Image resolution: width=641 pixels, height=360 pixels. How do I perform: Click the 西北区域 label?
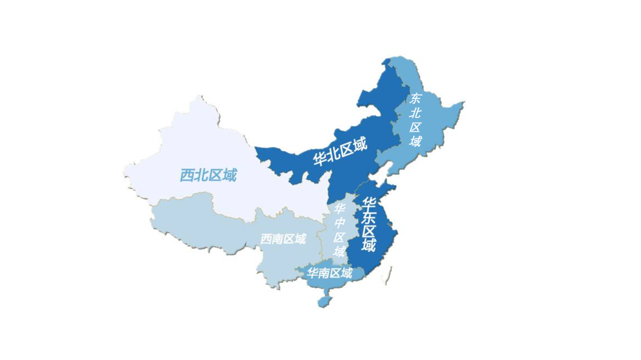pyautogui.click(x=208, y=175)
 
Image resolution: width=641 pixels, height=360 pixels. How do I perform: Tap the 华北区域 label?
pyautogui.click(x=340, y=151)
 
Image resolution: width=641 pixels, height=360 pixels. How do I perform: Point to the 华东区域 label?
pyautogui.click(x=369, y=225)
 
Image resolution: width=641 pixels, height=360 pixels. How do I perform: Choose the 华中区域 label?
pyautogui.click(x=339, y=230)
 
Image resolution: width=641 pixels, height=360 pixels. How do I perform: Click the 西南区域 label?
pyautogui.click(x=283, y=239)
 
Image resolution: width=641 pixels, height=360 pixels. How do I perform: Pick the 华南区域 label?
pyautogui.click(x=329, y=273)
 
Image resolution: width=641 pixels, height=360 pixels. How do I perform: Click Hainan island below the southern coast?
pyautogui.click(x=323, y=301)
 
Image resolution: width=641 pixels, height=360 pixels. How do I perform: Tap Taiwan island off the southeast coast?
pyautogui.click(x=389, y=273)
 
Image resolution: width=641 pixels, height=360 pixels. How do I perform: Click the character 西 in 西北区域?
pyautogui.click(x=187, y=176)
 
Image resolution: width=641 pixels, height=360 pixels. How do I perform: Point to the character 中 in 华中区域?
pyautogui.click(x=339, y=223)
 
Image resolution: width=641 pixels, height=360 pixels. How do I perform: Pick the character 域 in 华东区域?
pyautogui.click(x=369, y=245)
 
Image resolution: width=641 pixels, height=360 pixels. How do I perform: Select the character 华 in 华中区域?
pyautogui.click(x=339, y=209)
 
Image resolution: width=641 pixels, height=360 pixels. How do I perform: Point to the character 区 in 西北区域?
pyautogui.click(x=215, y=175)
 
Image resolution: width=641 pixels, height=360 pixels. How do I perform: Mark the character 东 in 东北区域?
pyautogui.click(x=416, y=98)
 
